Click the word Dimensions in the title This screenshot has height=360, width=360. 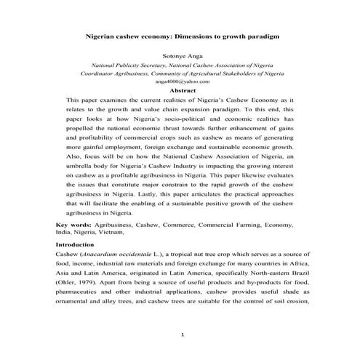193,34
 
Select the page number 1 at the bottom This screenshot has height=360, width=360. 183,334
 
